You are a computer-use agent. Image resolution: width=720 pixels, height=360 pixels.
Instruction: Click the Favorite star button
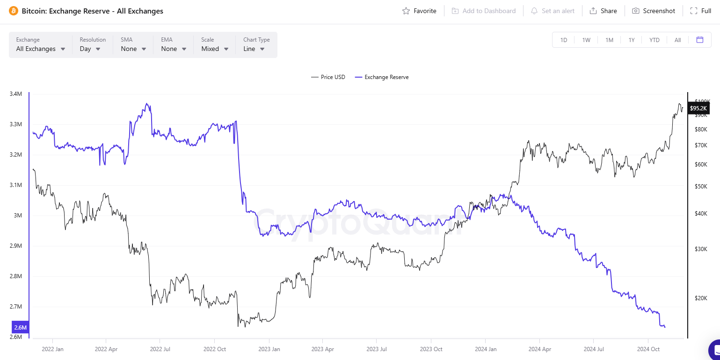pos(419,11)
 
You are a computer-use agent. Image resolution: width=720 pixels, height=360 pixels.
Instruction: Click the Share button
pos(603,11)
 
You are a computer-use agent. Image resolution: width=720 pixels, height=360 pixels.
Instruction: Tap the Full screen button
pos(701,11)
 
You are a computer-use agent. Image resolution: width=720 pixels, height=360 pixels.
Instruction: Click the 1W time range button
pos(586,40)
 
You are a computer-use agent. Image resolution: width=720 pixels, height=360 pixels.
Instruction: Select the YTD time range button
pos(655,40)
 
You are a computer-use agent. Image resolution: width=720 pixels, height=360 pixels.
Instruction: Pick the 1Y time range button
pos(632,40)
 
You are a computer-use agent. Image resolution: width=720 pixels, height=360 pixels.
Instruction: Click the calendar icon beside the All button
pos(700,40)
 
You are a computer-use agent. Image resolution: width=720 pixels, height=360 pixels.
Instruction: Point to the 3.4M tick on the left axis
pos(15,94)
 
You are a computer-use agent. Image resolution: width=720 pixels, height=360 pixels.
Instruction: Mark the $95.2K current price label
pos(699,108)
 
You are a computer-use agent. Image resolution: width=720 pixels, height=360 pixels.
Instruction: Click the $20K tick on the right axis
pos(700,298)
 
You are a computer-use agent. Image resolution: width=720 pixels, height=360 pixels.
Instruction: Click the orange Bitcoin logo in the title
pos(14,11)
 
